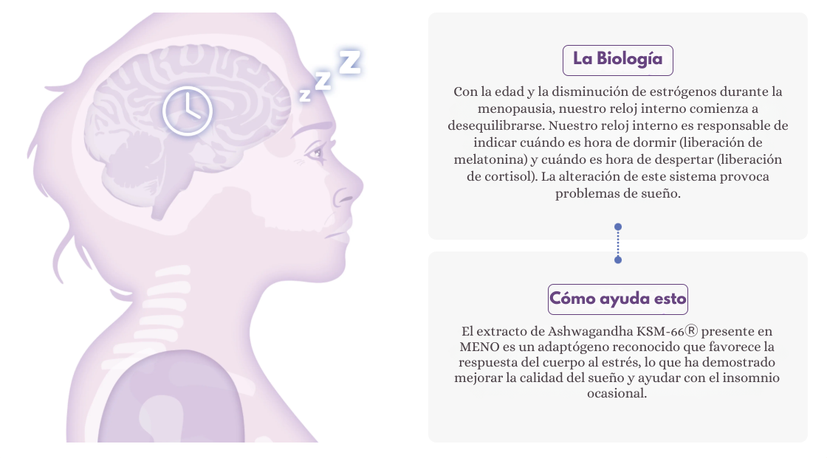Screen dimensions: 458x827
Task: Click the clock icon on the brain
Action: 188,111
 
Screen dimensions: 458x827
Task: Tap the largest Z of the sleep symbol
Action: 349,61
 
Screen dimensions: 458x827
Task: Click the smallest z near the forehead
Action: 304,94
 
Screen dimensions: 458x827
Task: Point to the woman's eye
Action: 316,153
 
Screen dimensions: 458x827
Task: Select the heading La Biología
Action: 617,60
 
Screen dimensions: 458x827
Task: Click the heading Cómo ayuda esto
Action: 618,299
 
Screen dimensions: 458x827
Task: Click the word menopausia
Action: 501,108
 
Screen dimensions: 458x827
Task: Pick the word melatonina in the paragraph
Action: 487,159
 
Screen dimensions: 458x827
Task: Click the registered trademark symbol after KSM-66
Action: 692,331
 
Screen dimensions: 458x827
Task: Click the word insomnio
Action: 755,378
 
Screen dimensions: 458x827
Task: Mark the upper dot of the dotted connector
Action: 618,227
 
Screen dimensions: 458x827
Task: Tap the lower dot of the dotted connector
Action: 618,260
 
